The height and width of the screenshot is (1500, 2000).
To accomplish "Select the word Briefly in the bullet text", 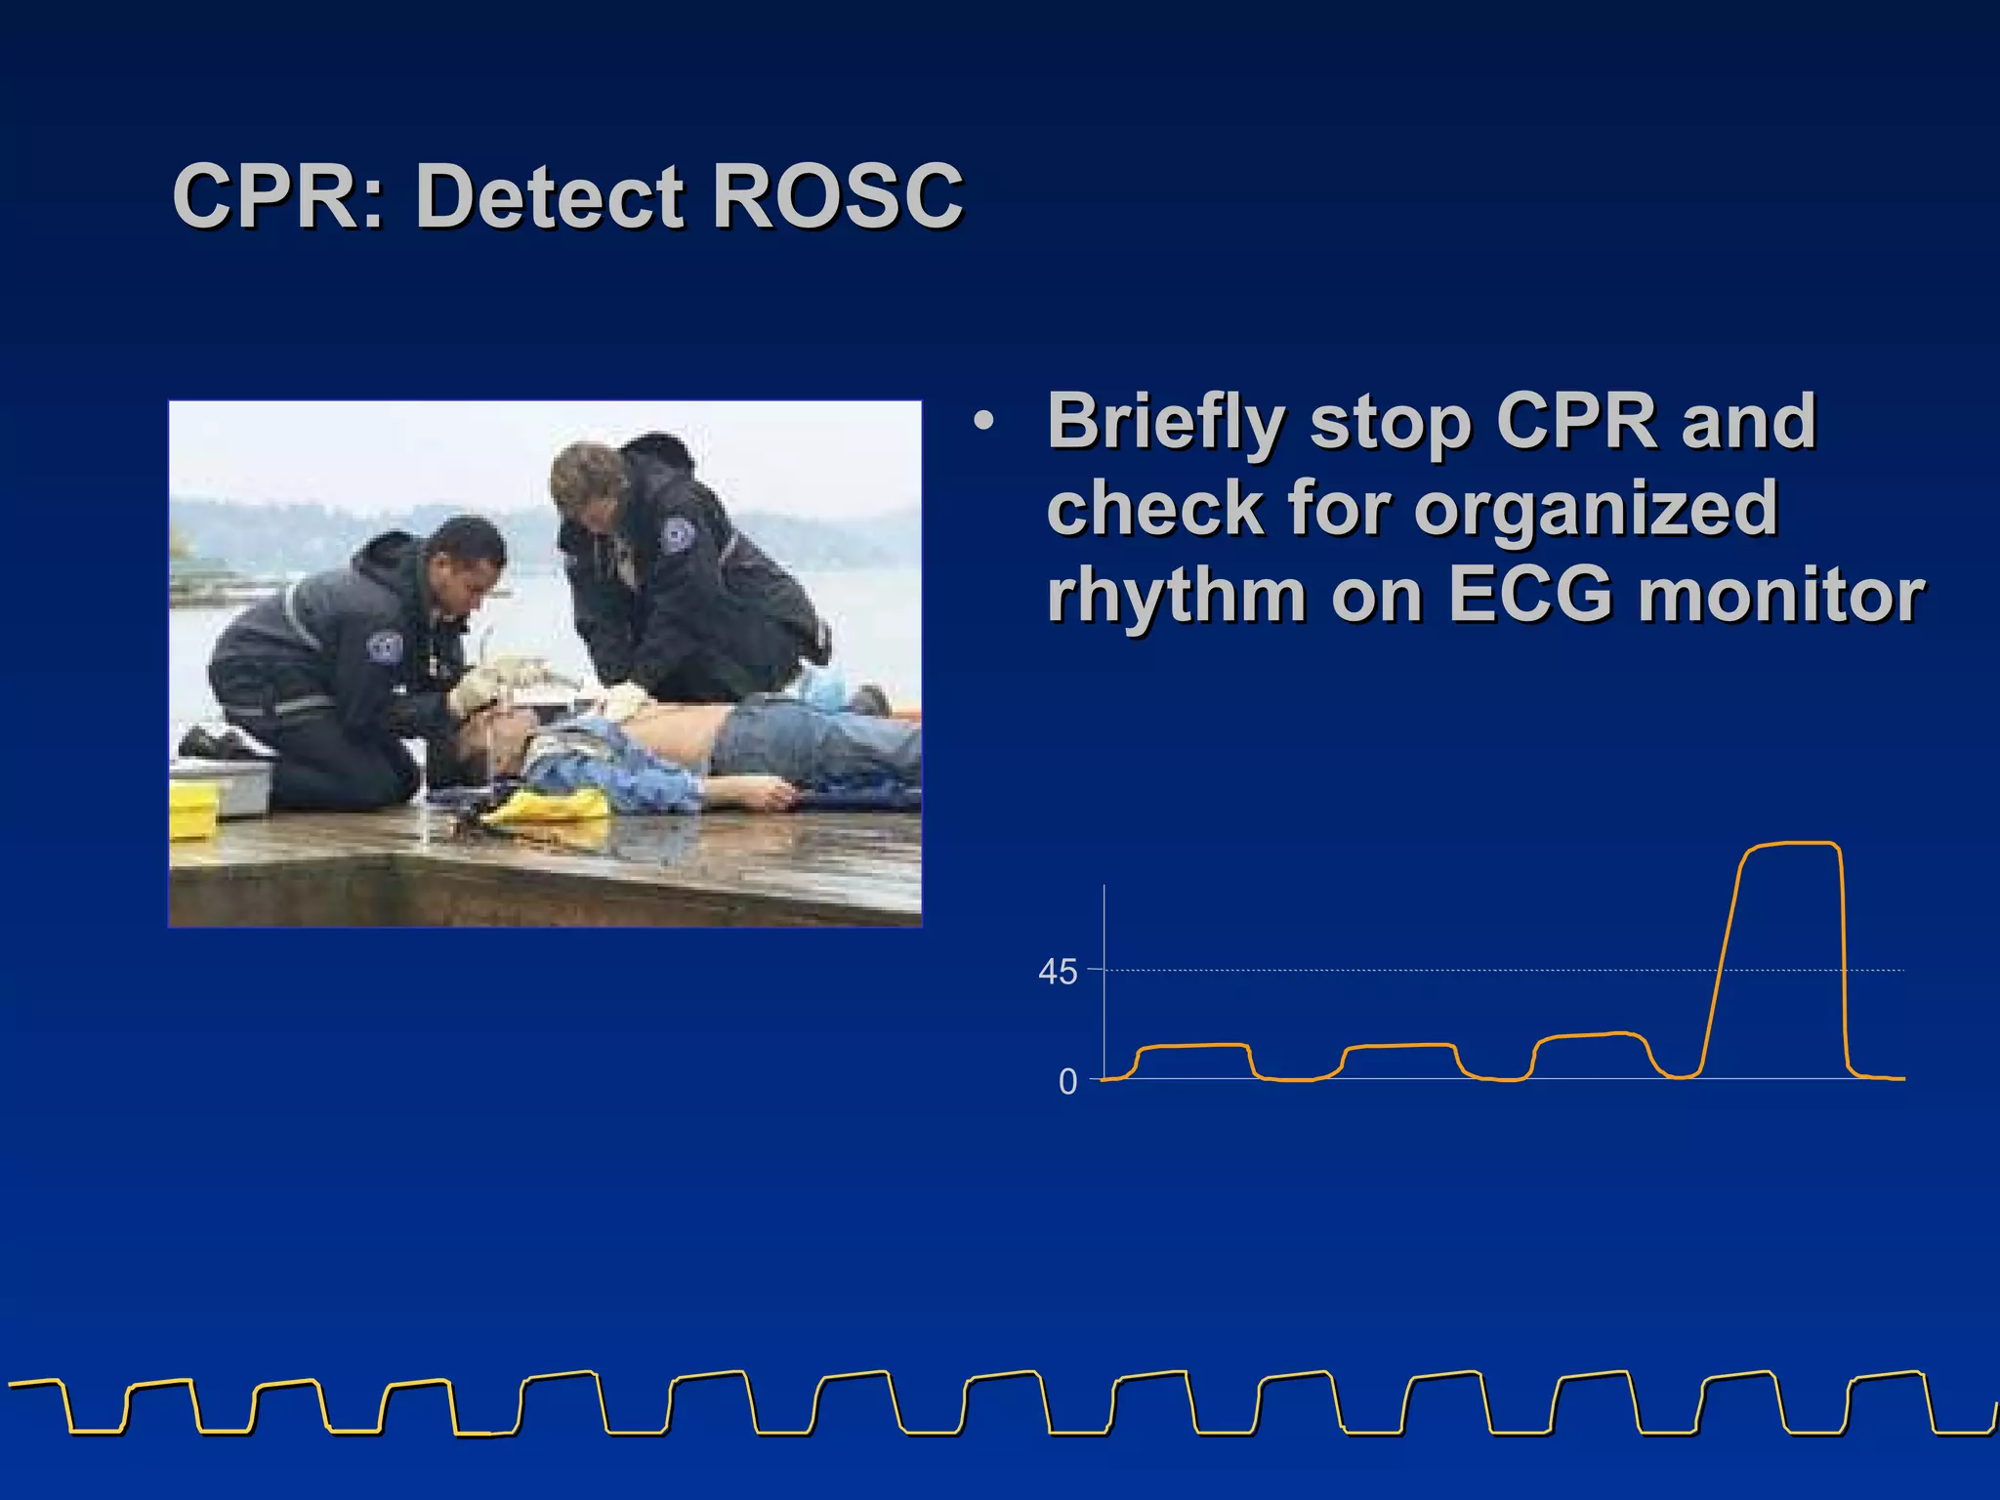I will pos(1164,422).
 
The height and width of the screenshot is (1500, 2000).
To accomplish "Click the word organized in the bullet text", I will pos(1596,508).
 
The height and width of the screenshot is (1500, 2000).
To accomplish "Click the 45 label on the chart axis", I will pos(1058,972).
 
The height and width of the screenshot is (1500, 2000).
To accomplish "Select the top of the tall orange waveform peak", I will pos(1792,844).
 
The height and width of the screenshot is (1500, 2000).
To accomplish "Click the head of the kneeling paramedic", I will pos(467,562).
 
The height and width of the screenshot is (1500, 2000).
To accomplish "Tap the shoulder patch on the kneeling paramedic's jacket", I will pos(384,646).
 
